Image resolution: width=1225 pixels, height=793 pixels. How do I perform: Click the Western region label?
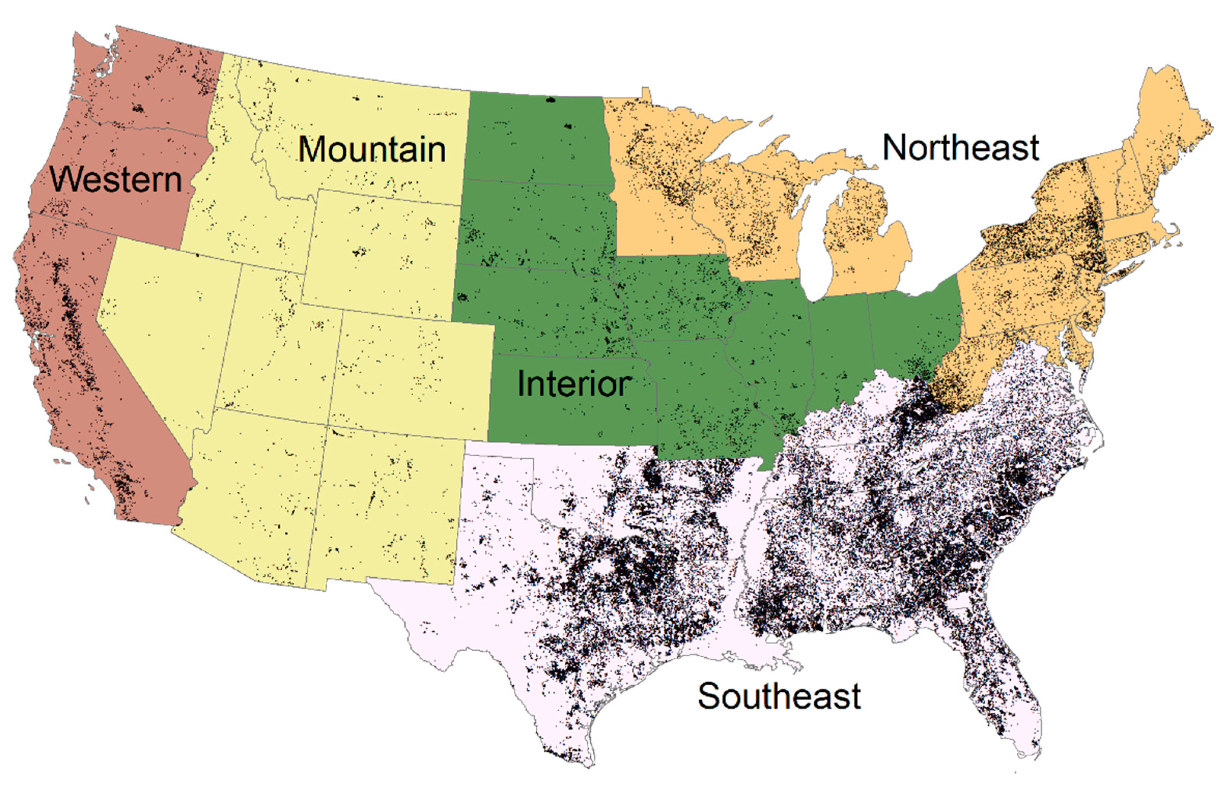(116, 180)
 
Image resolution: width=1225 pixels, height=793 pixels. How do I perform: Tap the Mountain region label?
(372, 149)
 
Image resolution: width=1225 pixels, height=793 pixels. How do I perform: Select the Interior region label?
(573, 384)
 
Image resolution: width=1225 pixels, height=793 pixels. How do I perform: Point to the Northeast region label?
(961, 148)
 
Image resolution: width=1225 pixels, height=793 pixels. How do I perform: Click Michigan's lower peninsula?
(865, 242)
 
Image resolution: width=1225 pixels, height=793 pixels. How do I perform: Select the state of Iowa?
(679, 298)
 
